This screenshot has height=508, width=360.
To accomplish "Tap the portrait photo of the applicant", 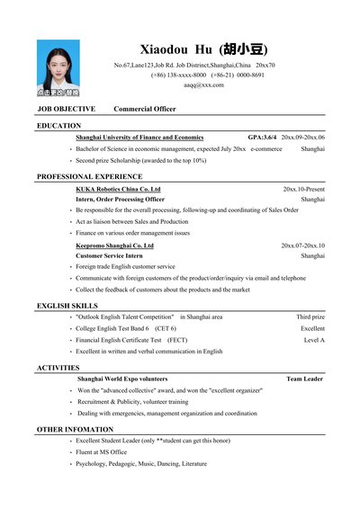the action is coord(58,67).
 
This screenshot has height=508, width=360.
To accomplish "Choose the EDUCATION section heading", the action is coord(58,126).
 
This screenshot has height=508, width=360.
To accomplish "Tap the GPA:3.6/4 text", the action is coord(263,137).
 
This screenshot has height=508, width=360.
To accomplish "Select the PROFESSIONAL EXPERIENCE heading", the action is coord(89,176).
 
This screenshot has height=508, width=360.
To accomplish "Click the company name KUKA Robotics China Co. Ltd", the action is coord(118,189).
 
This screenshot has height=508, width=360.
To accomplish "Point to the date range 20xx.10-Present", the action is coord(303,189).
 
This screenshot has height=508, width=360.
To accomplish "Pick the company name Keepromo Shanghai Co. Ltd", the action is coord(114,245).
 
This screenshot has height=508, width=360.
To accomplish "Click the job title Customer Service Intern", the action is coord(109,255).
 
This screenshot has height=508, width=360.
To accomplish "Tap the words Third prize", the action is coord(310,317).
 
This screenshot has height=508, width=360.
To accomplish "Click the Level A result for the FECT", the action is coord(314,340).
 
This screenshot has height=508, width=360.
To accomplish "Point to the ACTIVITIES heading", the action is coord(58,368).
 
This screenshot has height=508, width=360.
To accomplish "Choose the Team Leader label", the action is coord(305,379).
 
